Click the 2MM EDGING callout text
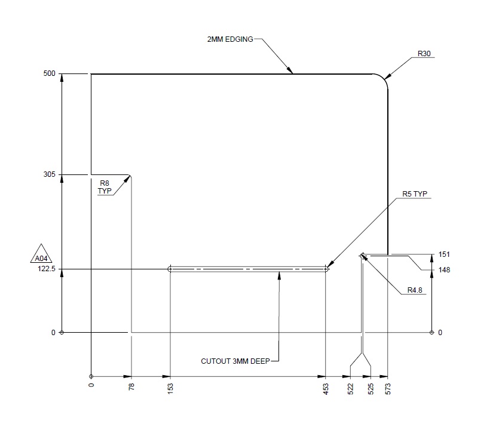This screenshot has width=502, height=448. click(229, 39)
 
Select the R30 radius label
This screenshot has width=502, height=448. click(424, 54)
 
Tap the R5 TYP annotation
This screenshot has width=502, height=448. click(415, 194)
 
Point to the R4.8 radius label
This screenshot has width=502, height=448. click(415, 290)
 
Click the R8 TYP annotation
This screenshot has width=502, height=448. click(105, 188)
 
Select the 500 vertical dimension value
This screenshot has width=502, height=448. click(49, 74)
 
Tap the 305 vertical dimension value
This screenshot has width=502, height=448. click(49, 174)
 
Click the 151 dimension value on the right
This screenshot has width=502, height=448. click(443, 254)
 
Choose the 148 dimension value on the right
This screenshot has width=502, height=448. click(443, 270)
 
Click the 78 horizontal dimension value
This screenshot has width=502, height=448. click(131, 387)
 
